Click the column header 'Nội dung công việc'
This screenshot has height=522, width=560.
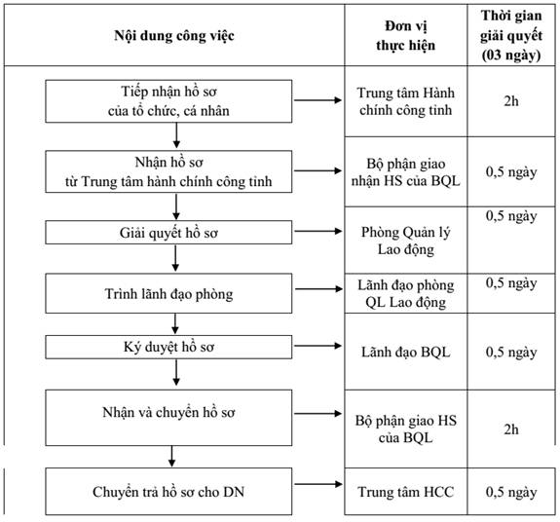tap(174, 36)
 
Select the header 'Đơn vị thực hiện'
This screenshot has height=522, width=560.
tap(406, 36)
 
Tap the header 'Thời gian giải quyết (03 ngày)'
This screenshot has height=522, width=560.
tap(511, 35)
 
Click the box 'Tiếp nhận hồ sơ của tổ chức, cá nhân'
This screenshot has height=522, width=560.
tap(168, 101)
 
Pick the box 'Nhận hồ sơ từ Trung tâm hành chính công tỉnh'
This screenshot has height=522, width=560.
tap(168, 171)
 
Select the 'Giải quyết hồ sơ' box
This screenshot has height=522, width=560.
tap(168, 233)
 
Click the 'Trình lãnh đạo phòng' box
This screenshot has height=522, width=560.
tap(168, 293)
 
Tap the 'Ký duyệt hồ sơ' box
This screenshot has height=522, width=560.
tap(168, 347)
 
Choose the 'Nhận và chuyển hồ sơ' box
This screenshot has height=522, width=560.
tap(168, 418)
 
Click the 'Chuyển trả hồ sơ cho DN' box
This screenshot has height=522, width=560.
tap(168, 491)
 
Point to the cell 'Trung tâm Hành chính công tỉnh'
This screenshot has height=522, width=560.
tap(406, 101)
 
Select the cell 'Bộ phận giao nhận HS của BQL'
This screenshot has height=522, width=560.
tap(406, 172)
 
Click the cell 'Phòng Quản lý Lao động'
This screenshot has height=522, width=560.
tap(406, 241)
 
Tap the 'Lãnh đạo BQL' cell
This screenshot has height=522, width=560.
tap(406, 353)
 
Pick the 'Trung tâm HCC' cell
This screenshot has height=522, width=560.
tap(406, 492)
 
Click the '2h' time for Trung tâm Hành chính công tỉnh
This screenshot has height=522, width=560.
tap(511, 101)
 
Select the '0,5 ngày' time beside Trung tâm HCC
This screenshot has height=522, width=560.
tap(511, 493)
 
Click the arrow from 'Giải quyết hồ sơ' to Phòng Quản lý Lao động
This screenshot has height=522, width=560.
tap(317, 231)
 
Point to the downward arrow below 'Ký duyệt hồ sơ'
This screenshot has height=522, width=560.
tap(176, 372)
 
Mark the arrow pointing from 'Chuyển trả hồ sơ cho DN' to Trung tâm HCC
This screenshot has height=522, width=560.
tap(318, 484)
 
